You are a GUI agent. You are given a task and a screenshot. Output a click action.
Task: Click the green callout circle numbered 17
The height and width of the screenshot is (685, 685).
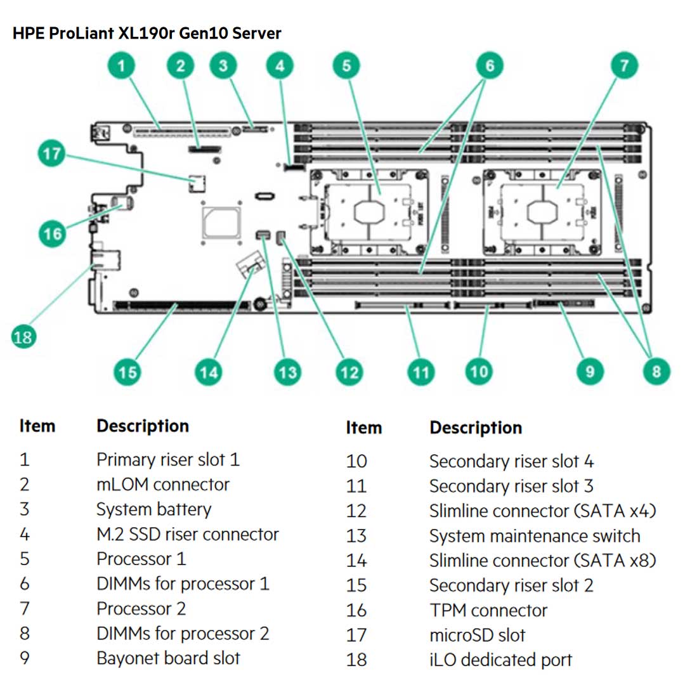click(52, 154)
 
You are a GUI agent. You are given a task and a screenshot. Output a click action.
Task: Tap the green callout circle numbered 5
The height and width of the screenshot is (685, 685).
click(346, 65)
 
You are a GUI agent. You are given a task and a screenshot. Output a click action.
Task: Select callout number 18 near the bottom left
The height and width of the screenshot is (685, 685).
click(22, 336)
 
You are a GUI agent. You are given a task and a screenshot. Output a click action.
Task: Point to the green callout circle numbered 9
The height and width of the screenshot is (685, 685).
click(590, 370)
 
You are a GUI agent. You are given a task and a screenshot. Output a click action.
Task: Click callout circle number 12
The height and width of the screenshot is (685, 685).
click(348, 372)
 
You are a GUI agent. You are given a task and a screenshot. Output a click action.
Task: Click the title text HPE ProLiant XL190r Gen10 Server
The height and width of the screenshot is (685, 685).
click(147, 33)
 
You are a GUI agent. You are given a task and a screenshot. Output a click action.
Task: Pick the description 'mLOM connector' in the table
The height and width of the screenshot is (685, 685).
click(162, 485)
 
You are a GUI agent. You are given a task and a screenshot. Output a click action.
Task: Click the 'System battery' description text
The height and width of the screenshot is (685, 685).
click(153, 509)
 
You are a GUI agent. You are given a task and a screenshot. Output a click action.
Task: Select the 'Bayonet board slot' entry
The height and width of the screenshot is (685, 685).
click(168, 658)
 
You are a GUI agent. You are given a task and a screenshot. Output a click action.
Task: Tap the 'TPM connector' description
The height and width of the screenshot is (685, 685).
click(488, 610)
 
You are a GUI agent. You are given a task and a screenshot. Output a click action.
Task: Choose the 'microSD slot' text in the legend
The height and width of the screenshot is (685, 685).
click(477, 635)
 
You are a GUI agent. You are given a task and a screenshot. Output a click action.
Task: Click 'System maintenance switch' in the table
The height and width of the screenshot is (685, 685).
click(534, 536)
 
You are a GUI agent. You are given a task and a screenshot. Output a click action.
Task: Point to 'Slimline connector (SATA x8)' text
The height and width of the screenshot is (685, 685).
click(542, 561)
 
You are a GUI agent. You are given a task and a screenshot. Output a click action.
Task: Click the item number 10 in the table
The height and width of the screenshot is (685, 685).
click(356, 461)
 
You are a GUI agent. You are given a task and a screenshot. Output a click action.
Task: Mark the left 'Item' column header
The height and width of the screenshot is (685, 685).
click(37, 426)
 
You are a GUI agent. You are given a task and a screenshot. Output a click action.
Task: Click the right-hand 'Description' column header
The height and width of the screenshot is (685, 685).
click(476, 428)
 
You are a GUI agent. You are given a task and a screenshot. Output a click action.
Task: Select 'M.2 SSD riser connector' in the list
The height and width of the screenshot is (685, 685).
click(187, 534)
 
